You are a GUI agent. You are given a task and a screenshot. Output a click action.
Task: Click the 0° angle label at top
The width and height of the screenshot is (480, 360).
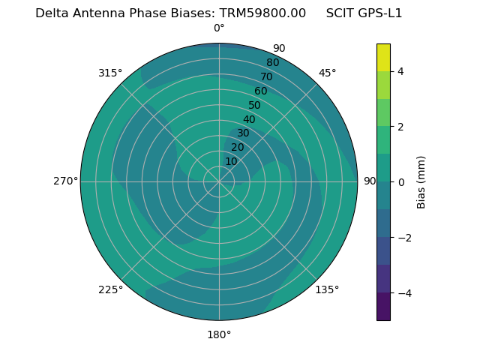(x=219, y=28)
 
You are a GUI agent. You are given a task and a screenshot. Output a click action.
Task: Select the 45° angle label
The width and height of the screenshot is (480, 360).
(x=327, y=73)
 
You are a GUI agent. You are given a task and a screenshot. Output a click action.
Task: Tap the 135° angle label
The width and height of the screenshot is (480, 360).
(x=327, y=289)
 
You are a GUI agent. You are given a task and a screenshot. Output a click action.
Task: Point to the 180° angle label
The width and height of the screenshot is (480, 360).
(x=219, y=334)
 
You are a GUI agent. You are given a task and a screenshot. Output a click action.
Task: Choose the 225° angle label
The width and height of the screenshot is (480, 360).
(x=110, y=289)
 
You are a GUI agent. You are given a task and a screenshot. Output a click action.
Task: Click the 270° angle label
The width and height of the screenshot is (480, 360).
(x=65, y=181)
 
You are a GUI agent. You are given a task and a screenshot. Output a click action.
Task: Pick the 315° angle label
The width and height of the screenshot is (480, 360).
(x=110, y=73)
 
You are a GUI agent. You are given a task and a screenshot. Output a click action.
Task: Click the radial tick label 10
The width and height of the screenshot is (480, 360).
(x=231, y=161)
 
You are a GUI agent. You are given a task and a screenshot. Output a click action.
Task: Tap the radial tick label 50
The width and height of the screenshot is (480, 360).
(x=254, y=105)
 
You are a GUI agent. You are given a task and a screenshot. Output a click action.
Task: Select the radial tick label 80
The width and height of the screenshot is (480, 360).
(x=272, y=62)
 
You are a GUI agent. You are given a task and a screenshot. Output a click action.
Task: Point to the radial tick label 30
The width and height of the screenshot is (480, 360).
(x=243, y=133)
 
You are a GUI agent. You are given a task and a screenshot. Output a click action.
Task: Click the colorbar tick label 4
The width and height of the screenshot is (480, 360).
(x=400, y=71)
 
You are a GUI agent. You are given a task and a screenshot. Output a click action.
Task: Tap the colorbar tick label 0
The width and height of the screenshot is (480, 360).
(x=400, y=181)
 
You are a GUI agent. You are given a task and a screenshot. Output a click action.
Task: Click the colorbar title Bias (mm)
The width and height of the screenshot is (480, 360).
(x=421, y=181)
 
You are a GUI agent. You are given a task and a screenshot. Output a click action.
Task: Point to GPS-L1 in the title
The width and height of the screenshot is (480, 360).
(x=385, y=13)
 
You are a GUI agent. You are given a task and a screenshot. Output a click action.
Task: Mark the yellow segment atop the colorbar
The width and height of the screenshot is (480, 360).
(x=383, y=57)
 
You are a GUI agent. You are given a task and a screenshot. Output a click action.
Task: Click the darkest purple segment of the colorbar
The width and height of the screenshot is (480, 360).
(x=383, y=307)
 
